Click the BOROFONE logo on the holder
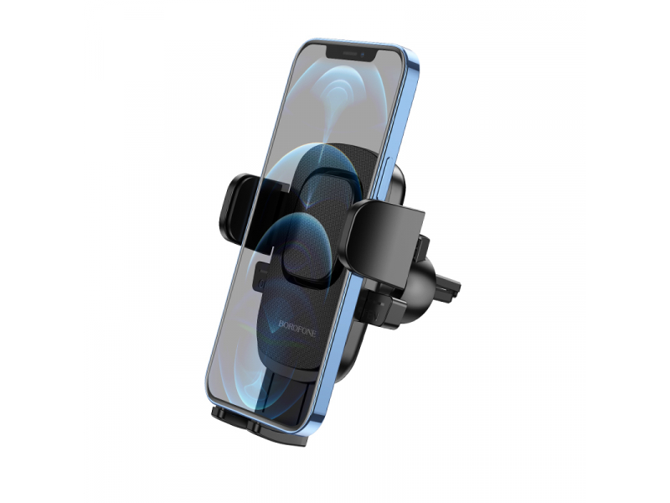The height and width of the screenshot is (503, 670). click(x=297, y=328)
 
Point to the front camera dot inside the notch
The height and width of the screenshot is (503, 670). click(x=362, y=54)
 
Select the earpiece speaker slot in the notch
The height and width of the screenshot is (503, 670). click(x=349, y=54)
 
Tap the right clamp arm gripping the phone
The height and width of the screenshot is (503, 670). click(x=384, y=240)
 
